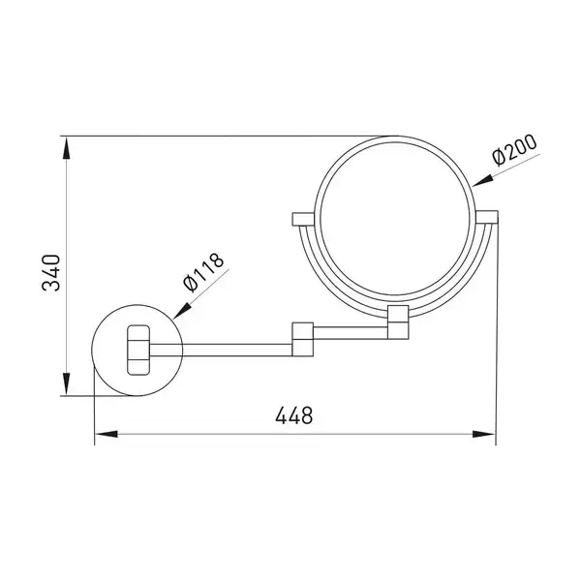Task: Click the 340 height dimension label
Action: pyautogui.click(x=51, y=272)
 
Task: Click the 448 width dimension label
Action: pyautogui.click(x=294, y=415)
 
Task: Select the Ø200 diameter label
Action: pyautogui.click(x=514, y=150)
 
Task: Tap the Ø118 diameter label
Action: pyautogui.click(x=203, y=272)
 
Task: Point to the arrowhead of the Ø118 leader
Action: pyautogui.click(x=182, y=310)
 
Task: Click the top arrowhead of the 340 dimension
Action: pyautogui.click(x=66, y=148)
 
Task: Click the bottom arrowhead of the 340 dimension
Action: pyautogui.click(x=66, y=383)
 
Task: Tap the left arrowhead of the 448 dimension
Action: pyautogui.click(x=107, y=434)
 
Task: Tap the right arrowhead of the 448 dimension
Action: pyautogui.click(x=484, y=434)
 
